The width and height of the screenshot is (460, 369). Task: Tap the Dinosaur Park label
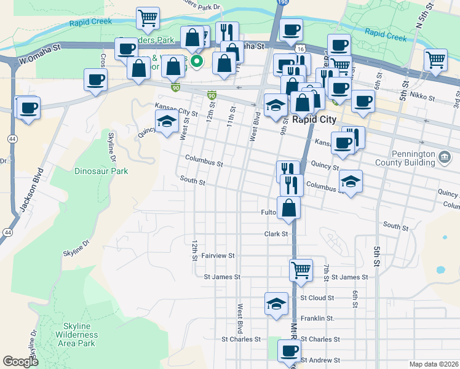[101, 171]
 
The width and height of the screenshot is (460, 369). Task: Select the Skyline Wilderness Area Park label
[76, 335]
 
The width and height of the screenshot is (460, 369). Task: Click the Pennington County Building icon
[444, 159]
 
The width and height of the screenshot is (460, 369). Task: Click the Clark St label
[276, 234]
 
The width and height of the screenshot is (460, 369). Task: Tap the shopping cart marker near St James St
[301, 269]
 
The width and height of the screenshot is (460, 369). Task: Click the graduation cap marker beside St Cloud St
[277, 303]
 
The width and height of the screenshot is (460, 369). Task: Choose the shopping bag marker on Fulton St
[288, 208]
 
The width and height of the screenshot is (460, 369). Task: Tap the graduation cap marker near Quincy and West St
[166, 122]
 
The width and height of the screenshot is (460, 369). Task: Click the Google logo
[20, 362]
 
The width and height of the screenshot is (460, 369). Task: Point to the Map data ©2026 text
[434, 364]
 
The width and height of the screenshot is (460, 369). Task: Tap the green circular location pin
[196, 61]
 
